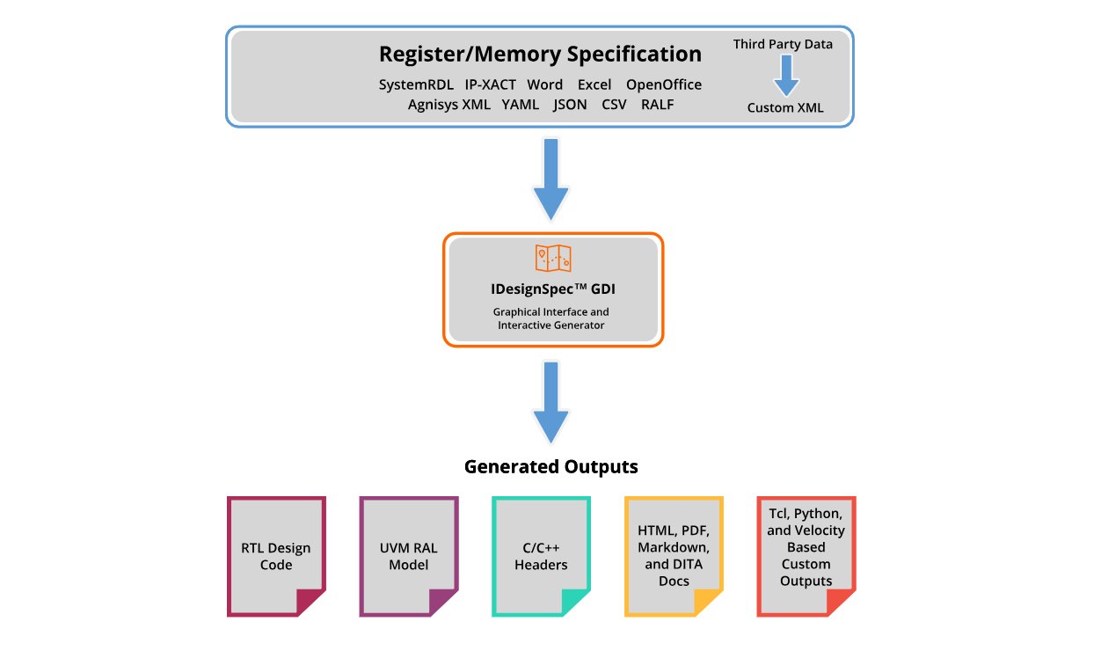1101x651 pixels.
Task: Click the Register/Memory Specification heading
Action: pos(540,55)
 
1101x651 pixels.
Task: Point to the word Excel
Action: pos(594,85)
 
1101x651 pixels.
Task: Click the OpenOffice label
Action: pos(664,85)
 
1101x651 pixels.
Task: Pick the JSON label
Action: pos(570,105)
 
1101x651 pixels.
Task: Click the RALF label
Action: pos(657,105)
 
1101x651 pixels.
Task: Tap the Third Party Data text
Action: pos(783,45)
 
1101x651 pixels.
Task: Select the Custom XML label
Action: pos(785,107)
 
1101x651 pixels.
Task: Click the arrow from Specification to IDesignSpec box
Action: pos(551,179)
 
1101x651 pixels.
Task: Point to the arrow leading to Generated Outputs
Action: pos(551,402)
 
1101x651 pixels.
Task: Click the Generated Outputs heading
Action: pos(551,466)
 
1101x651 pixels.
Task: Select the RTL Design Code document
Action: pos(276,556)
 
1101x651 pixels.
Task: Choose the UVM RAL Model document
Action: pos(409,556)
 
